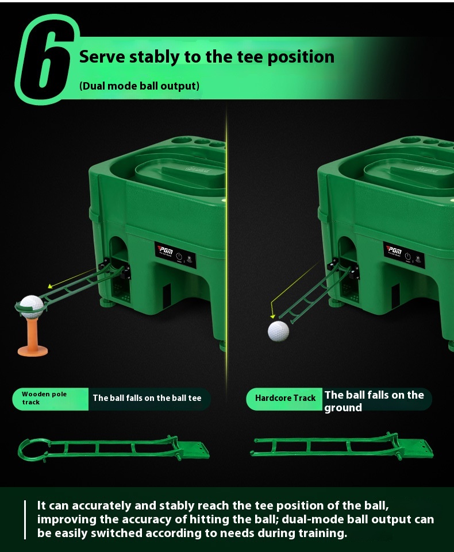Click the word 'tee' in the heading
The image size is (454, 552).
tap(250, 57)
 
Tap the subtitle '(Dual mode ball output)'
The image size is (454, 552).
tap(140, 86)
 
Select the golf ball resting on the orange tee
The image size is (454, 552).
tap(32, 305)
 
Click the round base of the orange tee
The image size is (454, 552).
tap(32, 350)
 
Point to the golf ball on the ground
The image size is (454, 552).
tap(278, 331)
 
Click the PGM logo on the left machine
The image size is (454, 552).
tap(165, 251)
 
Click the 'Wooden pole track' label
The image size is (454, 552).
tap(44, 398)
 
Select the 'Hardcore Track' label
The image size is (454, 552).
tap(285, 398)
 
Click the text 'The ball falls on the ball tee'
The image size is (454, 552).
tap(147, 398)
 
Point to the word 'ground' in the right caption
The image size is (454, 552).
tap(343, 408)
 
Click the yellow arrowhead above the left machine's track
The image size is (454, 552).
tap(50, 286)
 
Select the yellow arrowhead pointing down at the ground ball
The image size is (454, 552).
tap(272, 316)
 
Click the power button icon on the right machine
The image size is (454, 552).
tap(408, 256)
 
